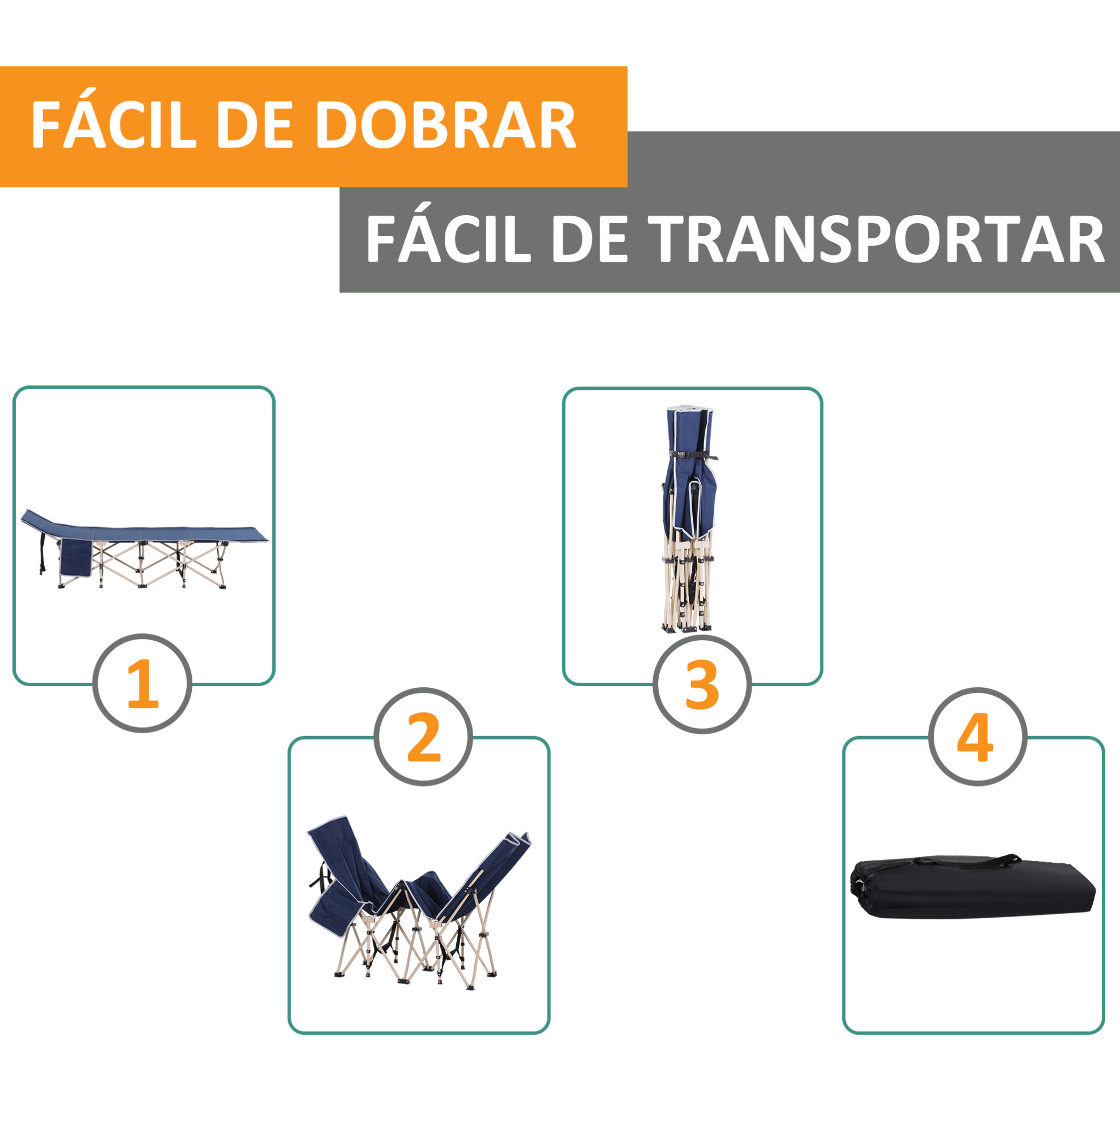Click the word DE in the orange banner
click(x=254, y=125)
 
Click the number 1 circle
click(x=142, y=683)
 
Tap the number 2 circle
click(x=423, y=737)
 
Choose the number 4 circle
click(x=978, y=737)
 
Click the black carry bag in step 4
click(x=972, y=886)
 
